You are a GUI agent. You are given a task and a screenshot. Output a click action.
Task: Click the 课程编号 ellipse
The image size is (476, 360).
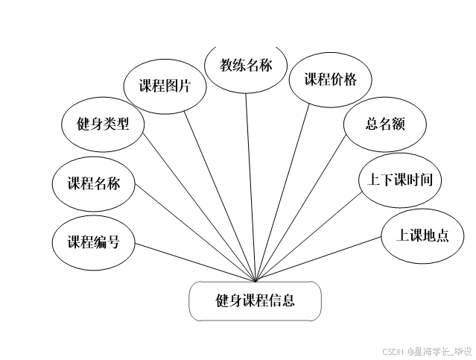click(94, 241)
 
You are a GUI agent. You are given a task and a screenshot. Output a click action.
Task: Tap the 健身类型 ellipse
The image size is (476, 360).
click(104, 124)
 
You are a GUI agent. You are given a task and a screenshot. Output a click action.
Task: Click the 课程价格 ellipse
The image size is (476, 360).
click(330, 80)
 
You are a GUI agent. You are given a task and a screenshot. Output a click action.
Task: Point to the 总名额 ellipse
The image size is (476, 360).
click(385, 124)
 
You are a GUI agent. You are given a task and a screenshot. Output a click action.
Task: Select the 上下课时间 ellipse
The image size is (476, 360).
click(400, 180)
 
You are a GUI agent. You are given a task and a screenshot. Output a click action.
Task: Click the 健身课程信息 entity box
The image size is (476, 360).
click(256, 301)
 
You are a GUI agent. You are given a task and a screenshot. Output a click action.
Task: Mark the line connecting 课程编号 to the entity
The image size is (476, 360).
click(195, 262)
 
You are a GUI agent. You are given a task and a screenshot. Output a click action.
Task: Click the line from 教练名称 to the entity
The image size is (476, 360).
click(251, 186)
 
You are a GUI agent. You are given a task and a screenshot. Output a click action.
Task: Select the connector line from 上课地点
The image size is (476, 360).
click(319, 259)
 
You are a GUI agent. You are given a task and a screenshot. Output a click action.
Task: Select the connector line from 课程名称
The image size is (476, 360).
click(196, 238)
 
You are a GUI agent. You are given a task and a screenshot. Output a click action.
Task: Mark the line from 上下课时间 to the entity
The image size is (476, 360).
click(311, 237)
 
